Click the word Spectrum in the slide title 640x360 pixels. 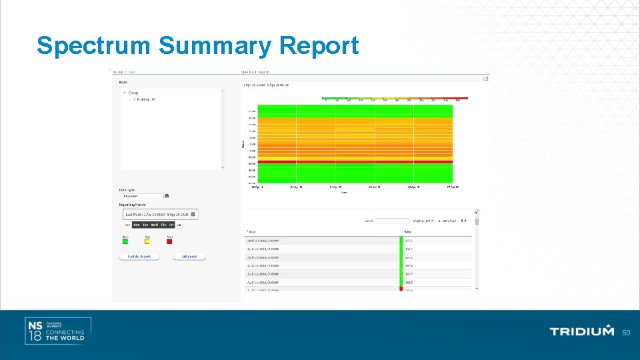(x=94, y=46)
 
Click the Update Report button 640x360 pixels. (x=139, y=257)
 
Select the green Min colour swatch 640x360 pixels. (x=125, y=241)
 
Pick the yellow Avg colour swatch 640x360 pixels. (x=147, y=241)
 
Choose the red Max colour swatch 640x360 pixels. (x=169, y=241)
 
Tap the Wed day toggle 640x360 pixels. (x=155, y=225)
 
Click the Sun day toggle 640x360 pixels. (x=126, y=225)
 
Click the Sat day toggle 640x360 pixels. (x=178, y=225)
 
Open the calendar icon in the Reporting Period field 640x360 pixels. (x=193, y=214)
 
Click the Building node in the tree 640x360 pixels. (x=146, y=99)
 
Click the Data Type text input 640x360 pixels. (x=142, y=196)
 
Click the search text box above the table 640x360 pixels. (x=392, y=221)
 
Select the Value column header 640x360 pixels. (x=408, y=231)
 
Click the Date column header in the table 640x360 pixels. (x=253, y=231)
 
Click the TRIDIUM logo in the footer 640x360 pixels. (x=581, y=331)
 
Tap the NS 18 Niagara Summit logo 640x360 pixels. (x=57, y=331)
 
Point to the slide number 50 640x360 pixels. (x=626, y=333)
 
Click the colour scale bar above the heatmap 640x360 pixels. (x=395, y=98)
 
